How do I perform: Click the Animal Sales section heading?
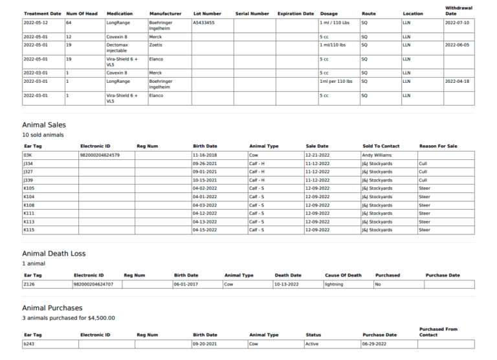click(x=44, y=125)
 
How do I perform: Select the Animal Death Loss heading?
click(x=54, y=254)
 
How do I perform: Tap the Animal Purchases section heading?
click(x=52, y=308)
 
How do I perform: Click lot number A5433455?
click(x=204, y=23)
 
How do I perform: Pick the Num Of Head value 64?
click(x=69, y=23)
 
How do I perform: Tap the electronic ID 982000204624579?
click(x=99, y=155)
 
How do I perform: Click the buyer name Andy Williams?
click(x=377, y=155)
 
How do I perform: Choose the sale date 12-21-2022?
click(x=317, y=155)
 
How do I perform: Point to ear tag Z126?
click(x=28, y=284)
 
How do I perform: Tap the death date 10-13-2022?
click(x=287, y=284)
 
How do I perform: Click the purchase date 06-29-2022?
click(x=374, y=344)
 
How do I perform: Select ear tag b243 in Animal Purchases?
click(x=28, y=344)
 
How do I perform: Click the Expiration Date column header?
click(x=295, y=14)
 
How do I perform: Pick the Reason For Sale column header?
click(x=437, y=146)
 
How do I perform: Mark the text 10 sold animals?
click(x=43, y=135)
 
